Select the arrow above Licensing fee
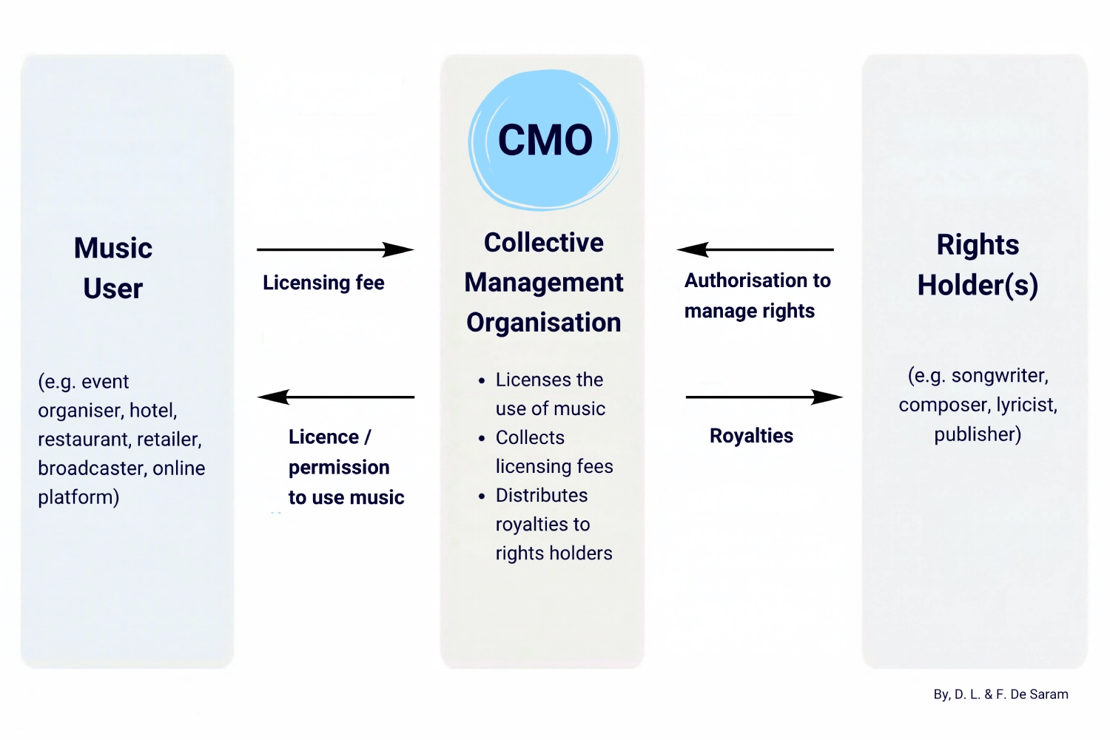point(335,250)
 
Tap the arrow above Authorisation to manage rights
point(755,250)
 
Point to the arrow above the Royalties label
point(764,397)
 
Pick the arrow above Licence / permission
point(335,397)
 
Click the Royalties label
point(751,436)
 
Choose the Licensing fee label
point(323,283)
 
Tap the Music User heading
point(113,268)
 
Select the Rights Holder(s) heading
point(978,265)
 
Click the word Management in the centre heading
point(544,283)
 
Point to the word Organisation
point(544,323)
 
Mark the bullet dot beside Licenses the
point(482,380)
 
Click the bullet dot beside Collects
point(482,439)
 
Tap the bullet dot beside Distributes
point(482,496)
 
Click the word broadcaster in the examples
point(92,468)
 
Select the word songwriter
point(1000,376)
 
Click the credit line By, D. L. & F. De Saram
point(1001,694)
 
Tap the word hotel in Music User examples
point(153,411)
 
